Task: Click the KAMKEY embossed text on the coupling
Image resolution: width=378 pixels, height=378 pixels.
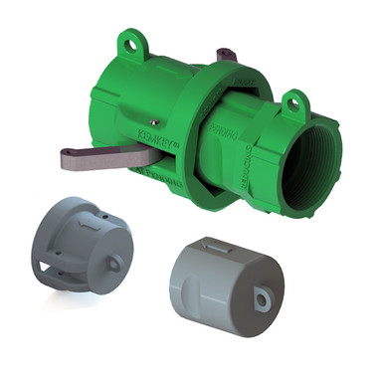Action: pyautogui.click(x=155, y=138)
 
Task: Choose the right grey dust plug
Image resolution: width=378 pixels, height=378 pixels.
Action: pyautogui.click(x=224, y=283)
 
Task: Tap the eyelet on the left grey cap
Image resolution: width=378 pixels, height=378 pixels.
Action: pyautogui.click(x=114, y=265)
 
